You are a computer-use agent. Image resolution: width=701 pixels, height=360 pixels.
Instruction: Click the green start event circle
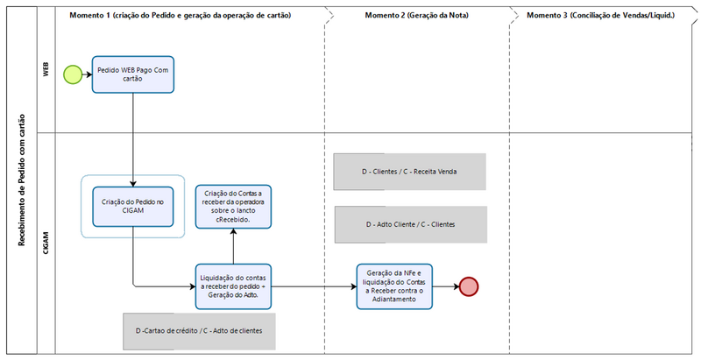(x=72, y=75)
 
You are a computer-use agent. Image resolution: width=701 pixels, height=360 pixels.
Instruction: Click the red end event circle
(x=469, y=286)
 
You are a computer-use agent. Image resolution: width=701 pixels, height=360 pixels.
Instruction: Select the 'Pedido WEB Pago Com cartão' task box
(x=132, y=75)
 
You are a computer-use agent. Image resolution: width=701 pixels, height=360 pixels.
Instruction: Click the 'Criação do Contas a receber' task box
(x=234, y=207)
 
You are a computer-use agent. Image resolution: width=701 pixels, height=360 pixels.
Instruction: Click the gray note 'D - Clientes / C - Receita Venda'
(x=410, y=173)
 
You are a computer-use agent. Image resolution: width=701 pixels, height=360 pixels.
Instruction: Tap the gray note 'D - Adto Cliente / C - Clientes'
(x=410, y=225)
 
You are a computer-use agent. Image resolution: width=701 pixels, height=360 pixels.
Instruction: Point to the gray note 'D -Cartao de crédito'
(x=199, y=331)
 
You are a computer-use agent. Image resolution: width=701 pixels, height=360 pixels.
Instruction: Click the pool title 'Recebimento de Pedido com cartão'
(x=20, y=180)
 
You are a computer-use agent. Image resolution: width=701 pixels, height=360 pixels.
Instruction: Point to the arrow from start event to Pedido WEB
(x=87, y=75)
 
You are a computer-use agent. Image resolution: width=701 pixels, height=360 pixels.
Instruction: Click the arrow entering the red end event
(x=446, y=286)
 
